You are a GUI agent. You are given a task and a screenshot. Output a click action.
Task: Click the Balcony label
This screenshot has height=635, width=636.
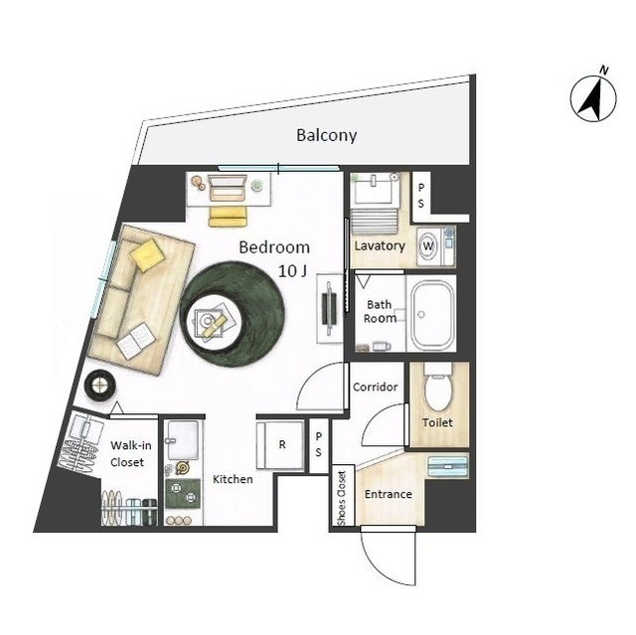(x=327, y=135)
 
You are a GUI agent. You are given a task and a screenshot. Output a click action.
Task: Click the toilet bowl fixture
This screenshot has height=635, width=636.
(x=437, y=388)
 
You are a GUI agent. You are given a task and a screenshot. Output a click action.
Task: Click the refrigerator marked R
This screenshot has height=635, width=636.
(x=280, y=445)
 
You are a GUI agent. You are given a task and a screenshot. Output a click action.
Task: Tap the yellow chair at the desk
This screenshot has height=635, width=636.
(x=228, y=216)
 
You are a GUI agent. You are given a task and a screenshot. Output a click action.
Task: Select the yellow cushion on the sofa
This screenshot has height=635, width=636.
(x=147, y=254)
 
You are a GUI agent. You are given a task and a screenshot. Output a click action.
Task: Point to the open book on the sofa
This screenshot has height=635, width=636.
(x=136, y=341)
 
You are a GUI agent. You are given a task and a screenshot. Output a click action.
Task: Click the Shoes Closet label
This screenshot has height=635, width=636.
(x=342, y=498)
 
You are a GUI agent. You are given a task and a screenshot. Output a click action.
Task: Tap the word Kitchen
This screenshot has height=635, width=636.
(x=233, y=479)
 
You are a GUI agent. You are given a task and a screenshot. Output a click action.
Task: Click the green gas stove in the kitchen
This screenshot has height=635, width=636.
(x=183, y=493)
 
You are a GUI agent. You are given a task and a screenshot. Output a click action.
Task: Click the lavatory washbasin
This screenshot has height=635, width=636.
(x=374, y=191)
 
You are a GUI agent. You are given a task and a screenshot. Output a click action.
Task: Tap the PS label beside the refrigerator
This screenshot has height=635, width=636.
(x=319, y=444)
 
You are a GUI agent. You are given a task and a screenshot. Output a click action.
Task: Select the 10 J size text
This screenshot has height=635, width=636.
(x=292, y=271)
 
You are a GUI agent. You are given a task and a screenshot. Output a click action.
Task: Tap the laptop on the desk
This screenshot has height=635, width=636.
(x=228, y=188)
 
